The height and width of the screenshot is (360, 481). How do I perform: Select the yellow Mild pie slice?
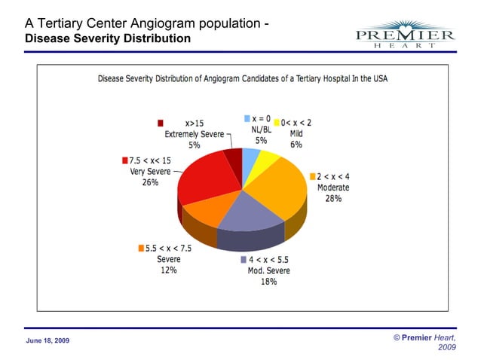(x=267, y=160)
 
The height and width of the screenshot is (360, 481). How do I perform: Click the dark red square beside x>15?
(x=161, y=123)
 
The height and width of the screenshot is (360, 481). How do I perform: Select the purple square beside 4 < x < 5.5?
(x=244, y=260)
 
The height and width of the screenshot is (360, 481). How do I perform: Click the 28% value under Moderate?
(x=333, y=199)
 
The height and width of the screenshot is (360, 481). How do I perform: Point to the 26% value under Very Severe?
(x=150, y=182)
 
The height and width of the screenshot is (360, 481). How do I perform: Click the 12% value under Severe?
(x=168, y=270)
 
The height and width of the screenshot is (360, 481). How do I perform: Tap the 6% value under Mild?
(x=296, y=144)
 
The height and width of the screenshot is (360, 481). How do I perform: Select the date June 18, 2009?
(x=47, y=340)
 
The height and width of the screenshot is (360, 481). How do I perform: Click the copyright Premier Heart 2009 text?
(x=424, y=343)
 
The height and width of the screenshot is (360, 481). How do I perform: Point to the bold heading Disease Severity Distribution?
(x=108, y=38)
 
